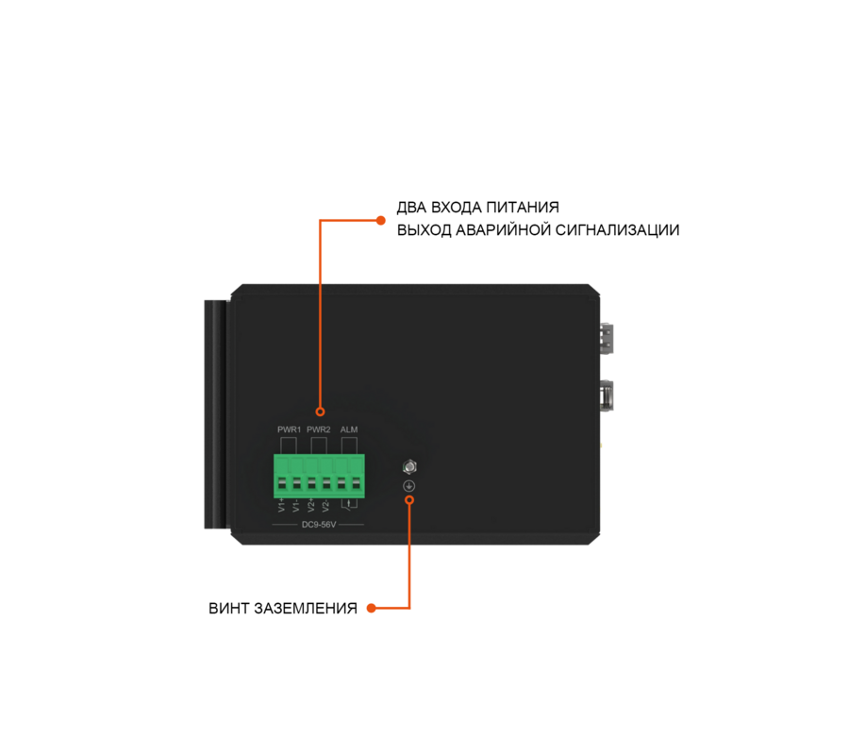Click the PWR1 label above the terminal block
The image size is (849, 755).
click(x=290, y=429)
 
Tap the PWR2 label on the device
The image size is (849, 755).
click(x=319, y=429)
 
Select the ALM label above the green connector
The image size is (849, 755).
click(x=349, y=429)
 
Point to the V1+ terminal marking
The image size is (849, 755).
click(x=281, y=505)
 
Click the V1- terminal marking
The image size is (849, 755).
click(x=296, y=506)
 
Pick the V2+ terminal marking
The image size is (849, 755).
click(x=311, y=505)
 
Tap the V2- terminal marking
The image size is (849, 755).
click(x=326, y=506)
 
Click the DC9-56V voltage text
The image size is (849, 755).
click(x=319, y=525)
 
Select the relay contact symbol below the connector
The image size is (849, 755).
click(x=349, y=505)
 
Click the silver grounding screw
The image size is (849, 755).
click(x=410, y=466)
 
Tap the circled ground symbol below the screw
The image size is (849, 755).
click(x=409, y=486)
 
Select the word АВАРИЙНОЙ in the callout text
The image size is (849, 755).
click(x=503, y=230)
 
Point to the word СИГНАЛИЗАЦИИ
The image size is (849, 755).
click(x=617, y=230)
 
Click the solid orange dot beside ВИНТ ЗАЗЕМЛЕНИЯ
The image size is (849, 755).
click(x=372, y=608)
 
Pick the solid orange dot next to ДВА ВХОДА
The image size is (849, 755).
click(x=381, y=221)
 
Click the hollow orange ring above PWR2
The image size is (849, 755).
click(x=320, y=411)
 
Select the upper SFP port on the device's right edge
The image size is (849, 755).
click(x=607, y=339)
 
